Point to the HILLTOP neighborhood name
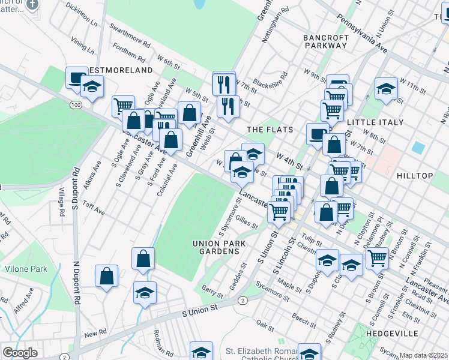click(x=415, y=175)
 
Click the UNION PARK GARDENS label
click(x=216, y=247)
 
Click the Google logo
click(x=20, y=353)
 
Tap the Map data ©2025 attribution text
click(x=423, y=355)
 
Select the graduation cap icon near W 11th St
click(x=386, y=89)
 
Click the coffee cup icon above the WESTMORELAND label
click(x=77, y=77)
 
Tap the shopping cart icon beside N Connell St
click(x=377, y=258)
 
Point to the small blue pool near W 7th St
click(x=418, y=147)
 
